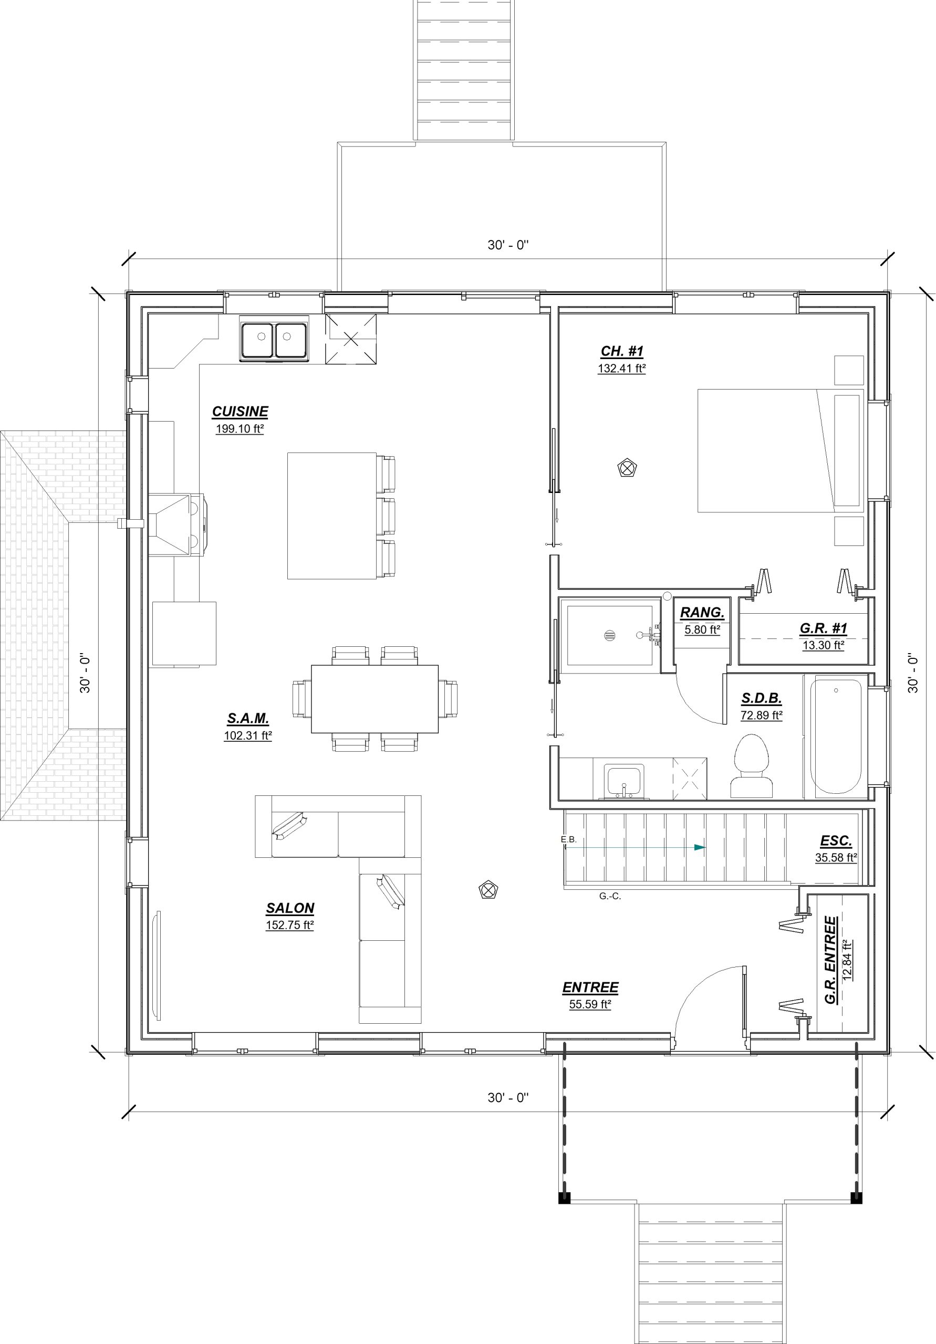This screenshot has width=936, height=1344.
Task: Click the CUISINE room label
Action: [240, 412]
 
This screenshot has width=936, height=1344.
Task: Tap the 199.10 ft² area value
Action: [240, 428]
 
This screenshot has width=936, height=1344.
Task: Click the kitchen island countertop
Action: [331, 516]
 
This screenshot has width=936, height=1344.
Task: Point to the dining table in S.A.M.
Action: [375, 699]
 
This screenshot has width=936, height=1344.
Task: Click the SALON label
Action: [290, 908]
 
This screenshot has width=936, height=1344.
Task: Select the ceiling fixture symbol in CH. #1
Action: [627, 468]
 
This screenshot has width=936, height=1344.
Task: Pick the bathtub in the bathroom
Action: [836, 737]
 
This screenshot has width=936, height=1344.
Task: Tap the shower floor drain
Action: [610, 635]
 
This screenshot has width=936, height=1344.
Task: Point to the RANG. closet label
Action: [702, 613]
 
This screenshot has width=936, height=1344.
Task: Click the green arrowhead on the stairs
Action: [699, 847]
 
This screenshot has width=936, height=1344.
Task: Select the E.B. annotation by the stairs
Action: [569, 839]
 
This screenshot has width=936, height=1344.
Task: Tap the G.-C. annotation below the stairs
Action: [610, 896]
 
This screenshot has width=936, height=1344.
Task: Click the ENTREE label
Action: [590, 988]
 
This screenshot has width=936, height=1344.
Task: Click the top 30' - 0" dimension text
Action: [508, 245]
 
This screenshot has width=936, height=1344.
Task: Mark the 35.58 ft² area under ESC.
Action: [836, 857]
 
